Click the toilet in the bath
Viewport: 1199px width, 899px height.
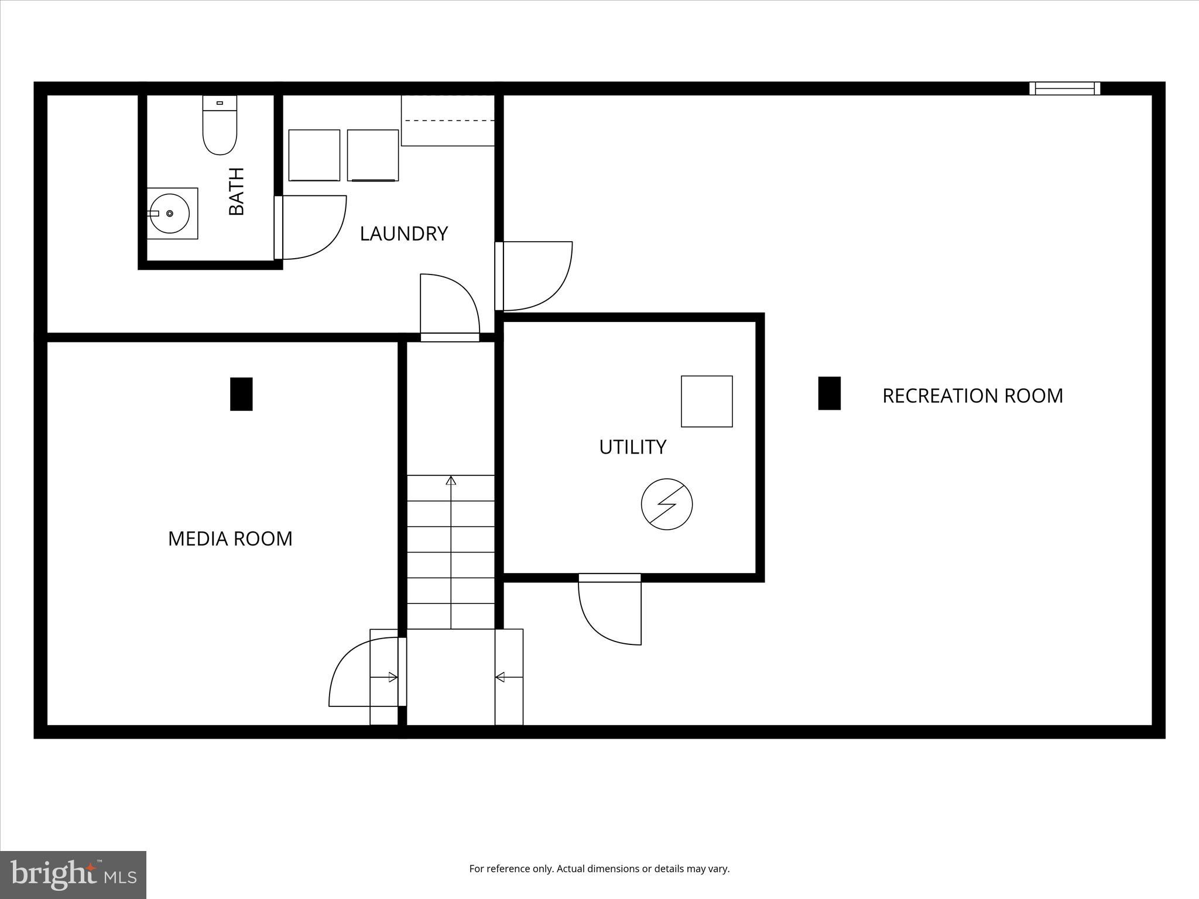pos(220,126)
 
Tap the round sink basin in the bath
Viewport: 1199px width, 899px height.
pos(170,214)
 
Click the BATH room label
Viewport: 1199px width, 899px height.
pos(237,191)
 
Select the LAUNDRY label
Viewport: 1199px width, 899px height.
pos(403,234)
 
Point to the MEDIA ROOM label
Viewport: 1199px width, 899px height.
pos(230,539)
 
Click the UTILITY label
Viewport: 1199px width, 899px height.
pos(632,447)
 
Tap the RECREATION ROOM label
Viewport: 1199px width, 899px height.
pos(972,396)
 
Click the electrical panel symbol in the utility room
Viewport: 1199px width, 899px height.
pos(667,505)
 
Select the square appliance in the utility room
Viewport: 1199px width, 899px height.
pos(707,402)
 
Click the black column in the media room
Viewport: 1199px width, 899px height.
pos(241,394)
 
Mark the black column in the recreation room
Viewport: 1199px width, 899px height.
pos(829,393)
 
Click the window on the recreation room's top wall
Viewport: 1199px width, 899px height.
pos(1064,88)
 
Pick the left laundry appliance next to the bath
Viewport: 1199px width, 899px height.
pos(314,155)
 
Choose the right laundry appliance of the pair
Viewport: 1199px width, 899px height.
pos(373,156)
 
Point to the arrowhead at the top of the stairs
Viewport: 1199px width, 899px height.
pos(451,481)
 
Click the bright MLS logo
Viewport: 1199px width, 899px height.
pos(73,874)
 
